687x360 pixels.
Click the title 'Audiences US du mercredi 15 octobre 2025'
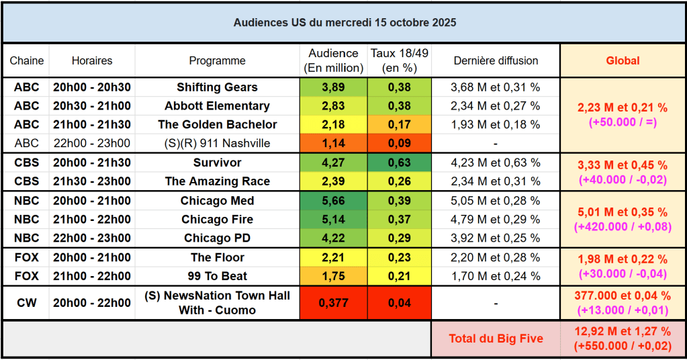click(x=345, y=23)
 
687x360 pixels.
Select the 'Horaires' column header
click(x=92, y=60)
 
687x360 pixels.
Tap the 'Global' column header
click(x=623, y=60)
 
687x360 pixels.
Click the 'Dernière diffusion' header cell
click(x=496, y=60)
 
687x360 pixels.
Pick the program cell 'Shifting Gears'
click(x=217, y=87)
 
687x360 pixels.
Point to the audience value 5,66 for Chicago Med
click(x=334, y=201)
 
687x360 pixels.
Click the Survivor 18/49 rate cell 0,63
click(x=400, y=163)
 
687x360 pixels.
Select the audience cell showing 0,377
click(x=334, y=303)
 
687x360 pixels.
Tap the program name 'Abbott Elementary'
click(x=217, y=106)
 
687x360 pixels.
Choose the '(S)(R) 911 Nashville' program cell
click(x=217, y=143)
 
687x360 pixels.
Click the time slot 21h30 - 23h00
click(x=92, y=181)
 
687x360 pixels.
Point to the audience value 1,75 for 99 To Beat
click(x=334, y=276)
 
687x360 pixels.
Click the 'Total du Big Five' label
click(x=496, y=339)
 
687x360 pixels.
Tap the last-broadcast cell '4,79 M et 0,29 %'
click(x=496, y=220)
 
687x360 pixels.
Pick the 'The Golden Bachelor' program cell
click(x=217, y=124)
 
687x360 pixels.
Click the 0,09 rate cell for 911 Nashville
click(x=400, y=143)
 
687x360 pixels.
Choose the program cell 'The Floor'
click(x=217, y=257)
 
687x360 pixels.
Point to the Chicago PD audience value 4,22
click(x=334, y=238)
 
